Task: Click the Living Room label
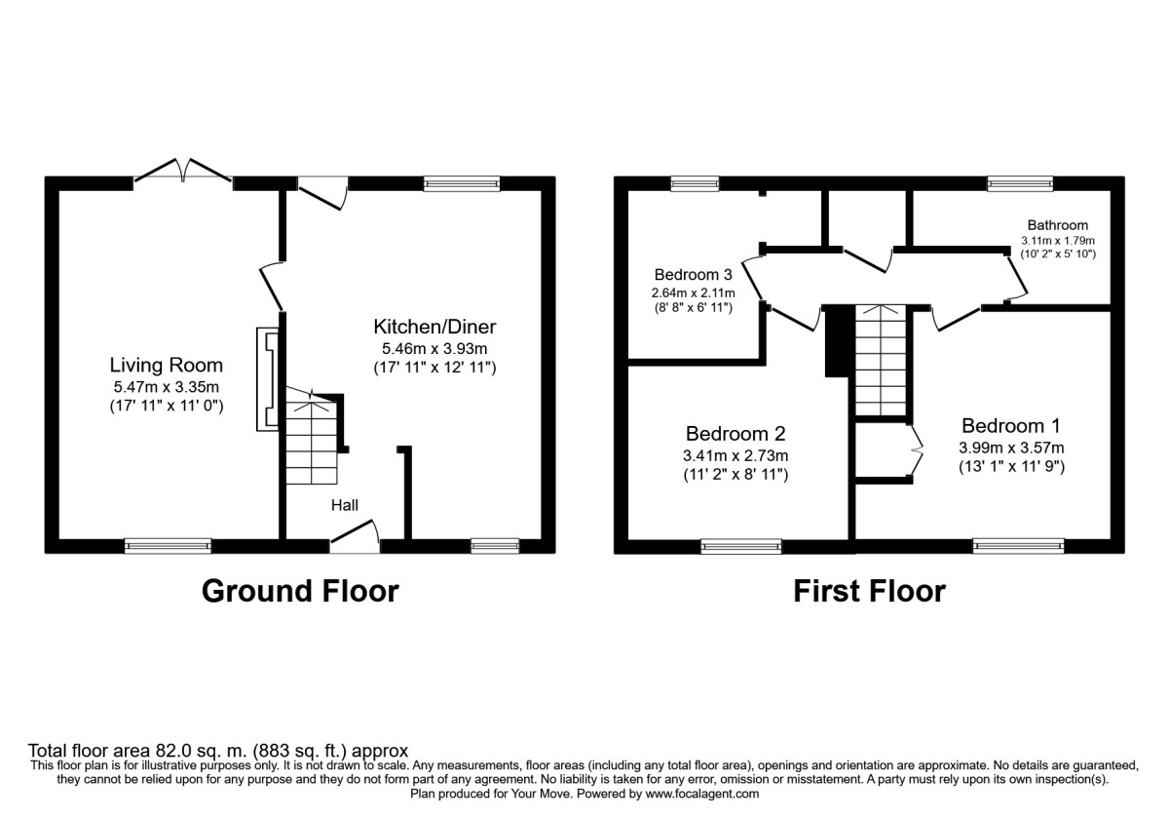click(166, 366)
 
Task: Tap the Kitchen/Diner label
click(435, 326)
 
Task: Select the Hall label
click(345, 505)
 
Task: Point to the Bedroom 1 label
click(1010, 426)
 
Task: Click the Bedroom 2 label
click(735, 434)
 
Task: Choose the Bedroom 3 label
click(693, 274)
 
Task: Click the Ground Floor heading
click(300, 591)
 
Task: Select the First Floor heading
click(869, 591)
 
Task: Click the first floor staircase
click(881, 359)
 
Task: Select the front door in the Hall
click(354, 538)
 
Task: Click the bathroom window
click(1020, 182)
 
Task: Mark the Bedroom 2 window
click(740, 547)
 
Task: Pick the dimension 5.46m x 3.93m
click(434, 347)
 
